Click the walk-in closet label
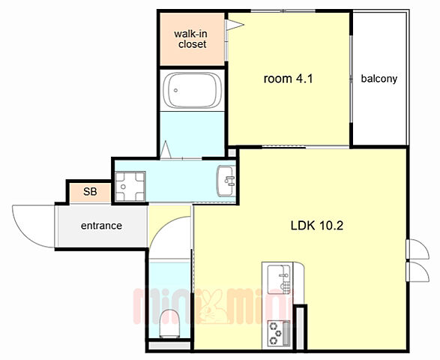pos(190,39)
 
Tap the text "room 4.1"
pos(288,79)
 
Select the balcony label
pos(379,79)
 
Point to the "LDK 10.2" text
pos(317,226)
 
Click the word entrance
pos(101,226)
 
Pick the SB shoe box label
pos(90,191)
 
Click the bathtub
pos(192,90)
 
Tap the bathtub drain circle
pos(175,90)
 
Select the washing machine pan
pos(130,187)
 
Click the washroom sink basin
pos(226,181)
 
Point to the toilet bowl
pos(169,323)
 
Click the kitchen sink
pos(279,279)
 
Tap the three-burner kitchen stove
pos(279,333)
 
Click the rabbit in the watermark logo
pos(211,307)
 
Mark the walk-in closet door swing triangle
pos(235,25)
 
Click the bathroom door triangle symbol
pos(165,149)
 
